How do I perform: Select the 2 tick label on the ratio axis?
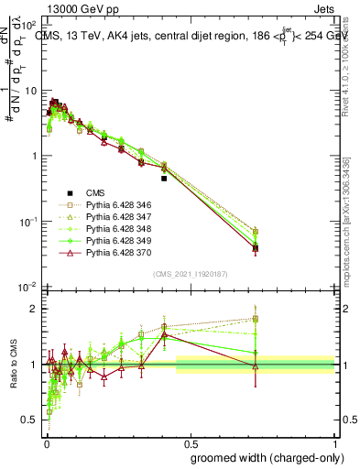tap(34, 309)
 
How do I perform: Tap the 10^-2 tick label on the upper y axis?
tap(29, 288)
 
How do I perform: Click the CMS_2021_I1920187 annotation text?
tap(191, 274)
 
